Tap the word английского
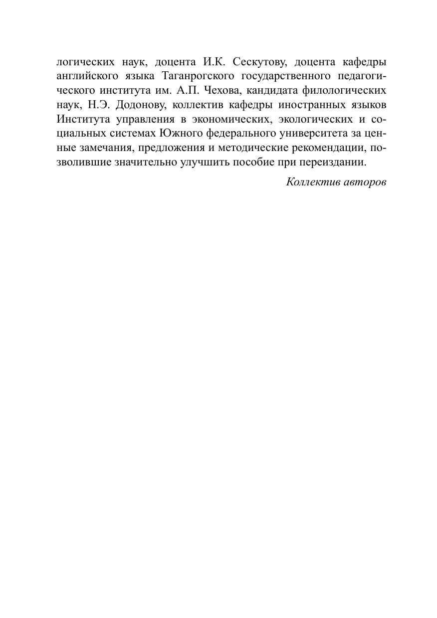(80, 77)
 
